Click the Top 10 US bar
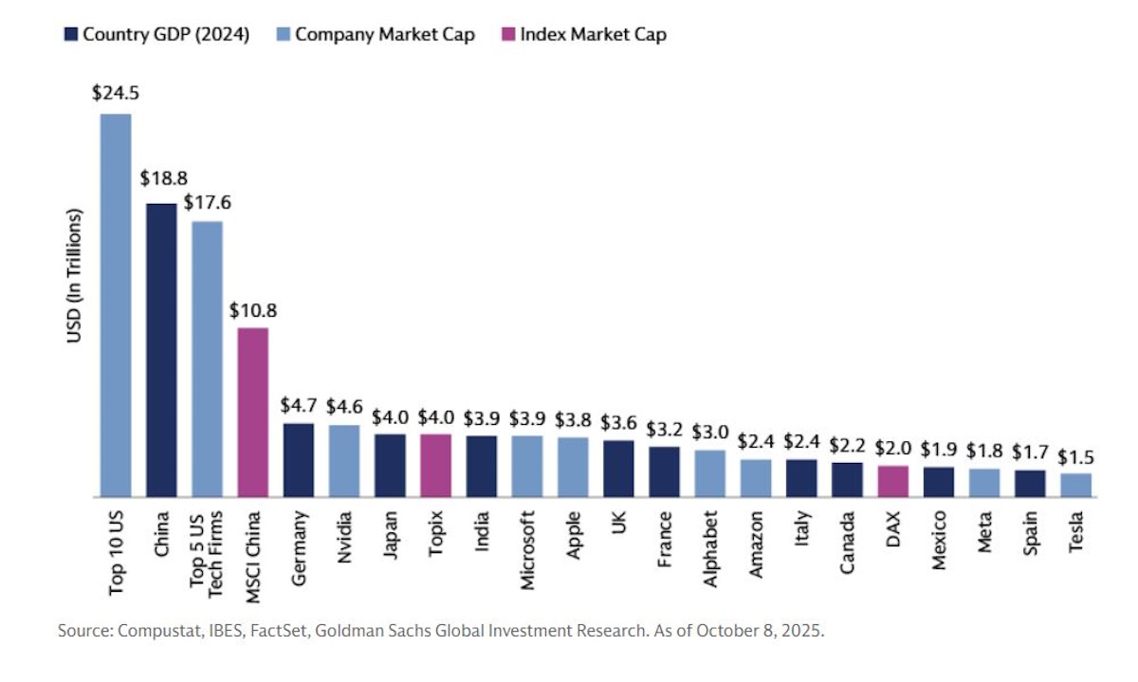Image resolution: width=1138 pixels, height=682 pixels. point(116,304)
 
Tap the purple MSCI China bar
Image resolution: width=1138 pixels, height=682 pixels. point(252,412)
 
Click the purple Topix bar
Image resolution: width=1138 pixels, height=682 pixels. point(435,465)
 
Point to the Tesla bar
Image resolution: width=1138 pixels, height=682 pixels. point(1075,485)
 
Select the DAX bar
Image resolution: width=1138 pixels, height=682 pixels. point(892,481)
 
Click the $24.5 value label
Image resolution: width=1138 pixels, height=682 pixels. point(116,94)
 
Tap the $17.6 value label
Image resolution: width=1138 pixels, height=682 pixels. point(207,202)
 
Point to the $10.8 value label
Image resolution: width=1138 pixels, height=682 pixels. point(252,309)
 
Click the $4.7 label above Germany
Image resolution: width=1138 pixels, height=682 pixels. point(298,405)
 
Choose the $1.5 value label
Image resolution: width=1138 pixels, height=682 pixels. point(1075,455)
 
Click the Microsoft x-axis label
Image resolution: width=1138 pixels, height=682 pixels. point(526,551)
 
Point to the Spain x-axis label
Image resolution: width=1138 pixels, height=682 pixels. point(1030,537)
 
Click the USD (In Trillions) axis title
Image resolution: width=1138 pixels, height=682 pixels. point(75,289)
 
